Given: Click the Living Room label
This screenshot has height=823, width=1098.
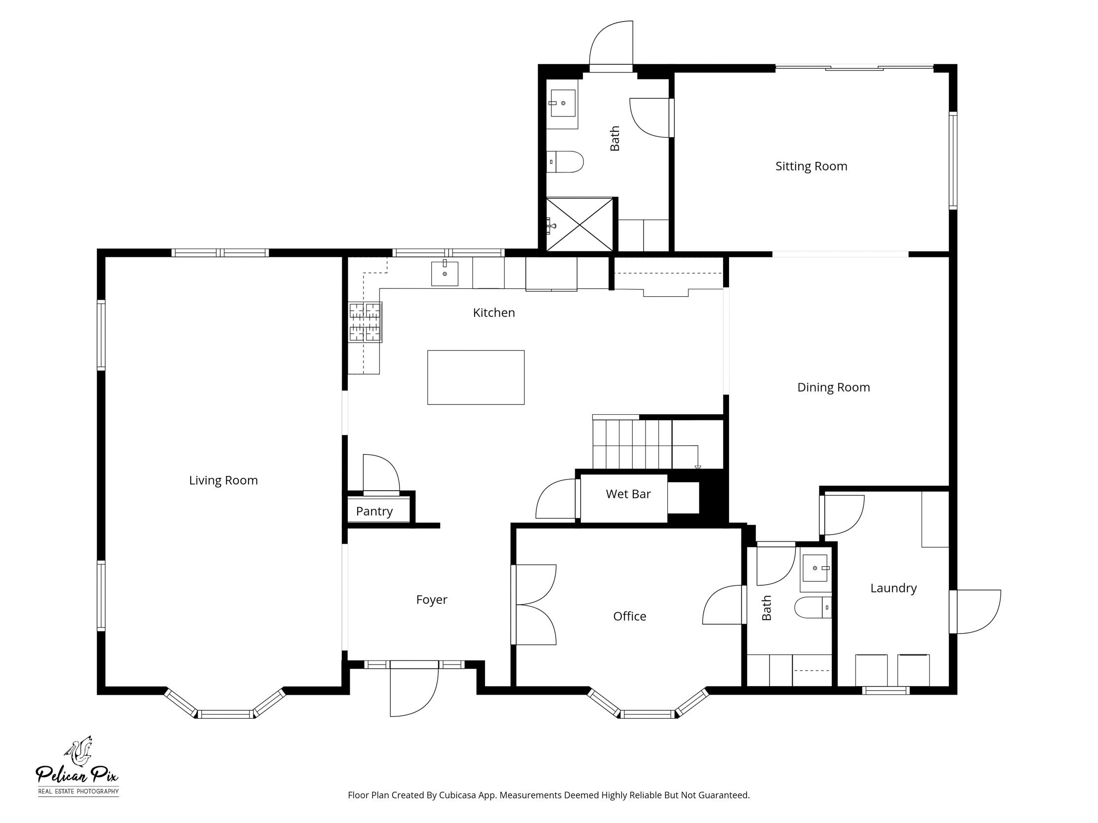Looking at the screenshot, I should tap(223, 480).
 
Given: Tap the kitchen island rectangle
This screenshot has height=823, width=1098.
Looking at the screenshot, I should tap(476, 377).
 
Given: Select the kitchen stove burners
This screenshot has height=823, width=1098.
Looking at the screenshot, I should tap(366, 322).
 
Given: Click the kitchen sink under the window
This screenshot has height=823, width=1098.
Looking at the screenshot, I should tap(444, 274).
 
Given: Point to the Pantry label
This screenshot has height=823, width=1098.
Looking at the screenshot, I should tap(374, 511).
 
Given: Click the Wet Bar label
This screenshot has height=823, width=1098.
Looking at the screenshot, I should tap(628, 494).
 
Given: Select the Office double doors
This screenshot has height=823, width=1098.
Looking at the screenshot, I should tap(535, 605).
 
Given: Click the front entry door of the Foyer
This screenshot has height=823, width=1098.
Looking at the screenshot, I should tap(413, 690).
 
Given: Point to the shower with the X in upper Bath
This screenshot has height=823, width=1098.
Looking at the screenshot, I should tap(579, 224).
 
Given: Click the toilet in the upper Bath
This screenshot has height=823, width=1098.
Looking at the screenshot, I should tap(566, 162).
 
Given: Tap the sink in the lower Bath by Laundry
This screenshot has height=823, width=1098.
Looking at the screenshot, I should tap(814, 568).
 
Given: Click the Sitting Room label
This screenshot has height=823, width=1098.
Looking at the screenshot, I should tap(811, 166).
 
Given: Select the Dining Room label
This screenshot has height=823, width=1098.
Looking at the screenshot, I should tap(833, 387).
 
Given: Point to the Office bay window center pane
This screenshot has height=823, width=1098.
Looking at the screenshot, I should tap(647, 714).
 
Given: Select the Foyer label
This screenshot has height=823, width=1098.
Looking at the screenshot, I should tap(431, 599).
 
